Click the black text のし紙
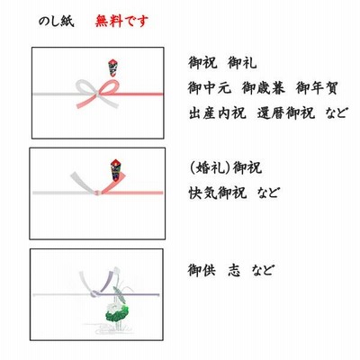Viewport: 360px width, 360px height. tap(56, 22)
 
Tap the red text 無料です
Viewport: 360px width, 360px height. tap(121, 22)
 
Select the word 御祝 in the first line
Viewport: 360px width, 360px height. tap(202, 63)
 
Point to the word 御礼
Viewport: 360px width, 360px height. tap(242, 63)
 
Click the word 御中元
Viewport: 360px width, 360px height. tap(210, 88)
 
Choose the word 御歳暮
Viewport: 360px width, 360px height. tap(264, 88)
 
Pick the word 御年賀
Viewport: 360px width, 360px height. tap(317, 88)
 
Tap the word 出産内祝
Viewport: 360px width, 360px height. tap(217, 113)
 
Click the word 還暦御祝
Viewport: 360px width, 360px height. tap(286, 113)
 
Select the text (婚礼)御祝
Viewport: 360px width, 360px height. tap(225, 167)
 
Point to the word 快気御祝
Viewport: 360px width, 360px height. tap(217, 193)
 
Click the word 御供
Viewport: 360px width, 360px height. tap(202, 270)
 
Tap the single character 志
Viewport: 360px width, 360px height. tap(234, 270)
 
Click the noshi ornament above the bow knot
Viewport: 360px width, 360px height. tap(112, 67)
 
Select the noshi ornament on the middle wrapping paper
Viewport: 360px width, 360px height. tap(117, 170)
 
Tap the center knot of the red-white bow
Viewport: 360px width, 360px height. tap(97, 94)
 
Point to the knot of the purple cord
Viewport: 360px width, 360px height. tap(95, 293)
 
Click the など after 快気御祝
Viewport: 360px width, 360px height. tap(268, 193)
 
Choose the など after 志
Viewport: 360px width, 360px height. tap(263, 270)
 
